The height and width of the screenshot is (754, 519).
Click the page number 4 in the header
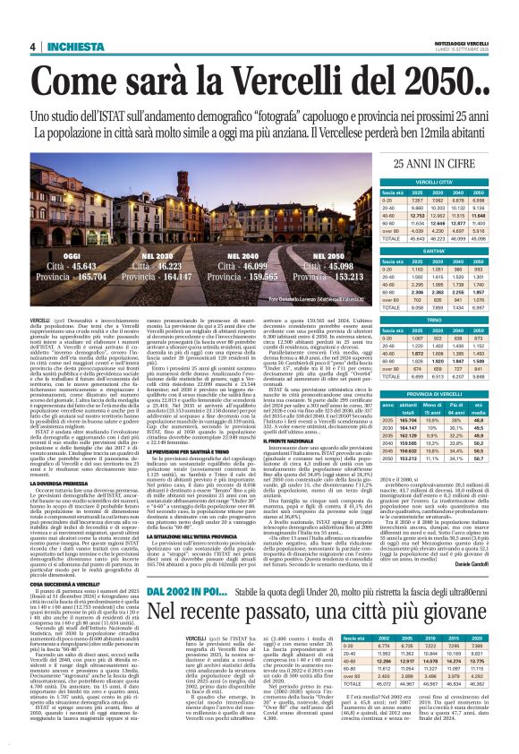32,47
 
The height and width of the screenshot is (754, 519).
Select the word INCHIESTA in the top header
77,47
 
